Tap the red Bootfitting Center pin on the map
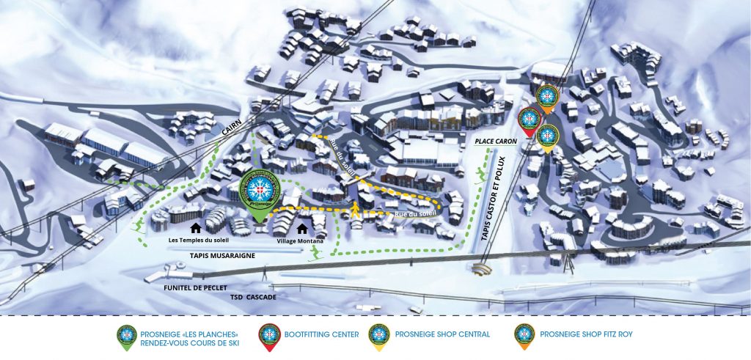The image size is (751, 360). pyautogui.click(x=528, y=119)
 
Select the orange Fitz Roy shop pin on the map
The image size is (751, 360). pyautogui.click(x=546, y=97)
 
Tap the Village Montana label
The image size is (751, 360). pyautogui.click(x=301, y=240)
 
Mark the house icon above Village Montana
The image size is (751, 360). pyautogui.click(x=301, y=229)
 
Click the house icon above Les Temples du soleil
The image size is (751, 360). pyautogui.click(x=196, y=229)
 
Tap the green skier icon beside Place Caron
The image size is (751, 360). pyautogui.click(x=481, y=175)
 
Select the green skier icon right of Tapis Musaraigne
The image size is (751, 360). pyautogui.click(x=315, y=253)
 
